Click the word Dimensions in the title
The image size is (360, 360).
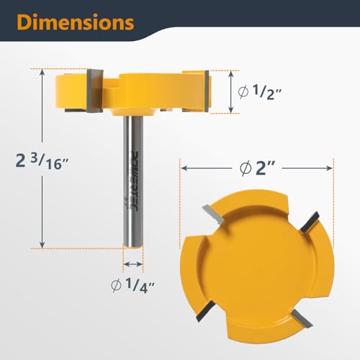coord(76,22)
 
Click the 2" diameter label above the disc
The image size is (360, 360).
coord(256,167)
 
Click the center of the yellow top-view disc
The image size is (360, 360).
coord(256,266)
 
